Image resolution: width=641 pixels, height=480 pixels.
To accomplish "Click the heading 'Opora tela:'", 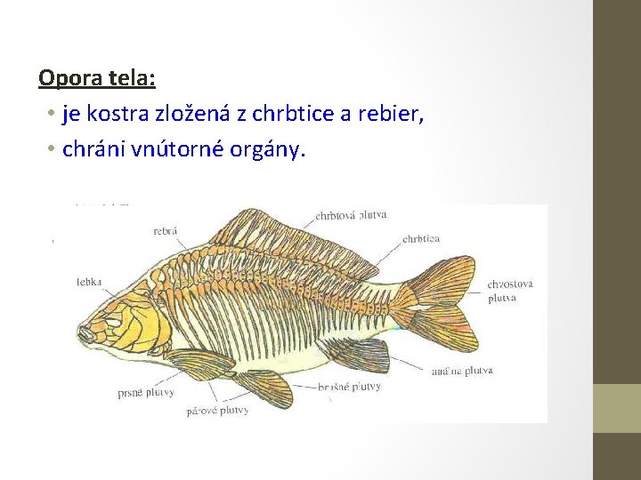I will click(97, 78).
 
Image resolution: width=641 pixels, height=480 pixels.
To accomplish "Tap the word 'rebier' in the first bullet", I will click(393, 115).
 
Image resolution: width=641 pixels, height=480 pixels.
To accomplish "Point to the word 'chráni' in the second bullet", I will click(92, 149).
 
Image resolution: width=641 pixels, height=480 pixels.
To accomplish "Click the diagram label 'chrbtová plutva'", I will click(351, 215).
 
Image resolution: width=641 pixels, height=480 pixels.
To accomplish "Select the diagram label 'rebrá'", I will click(166, 231).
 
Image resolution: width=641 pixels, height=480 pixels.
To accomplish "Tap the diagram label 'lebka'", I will click(89, 282).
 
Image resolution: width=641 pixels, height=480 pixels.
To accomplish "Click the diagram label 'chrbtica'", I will click(421, 239).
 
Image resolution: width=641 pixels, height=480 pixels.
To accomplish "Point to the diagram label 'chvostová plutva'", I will click(510, 291).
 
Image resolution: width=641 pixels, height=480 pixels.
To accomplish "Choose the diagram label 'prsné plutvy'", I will click(145, 392).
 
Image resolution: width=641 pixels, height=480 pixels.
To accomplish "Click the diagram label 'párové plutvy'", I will click(217, 411).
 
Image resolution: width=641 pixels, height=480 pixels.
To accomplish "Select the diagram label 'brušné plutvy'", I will click(349, 387).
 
